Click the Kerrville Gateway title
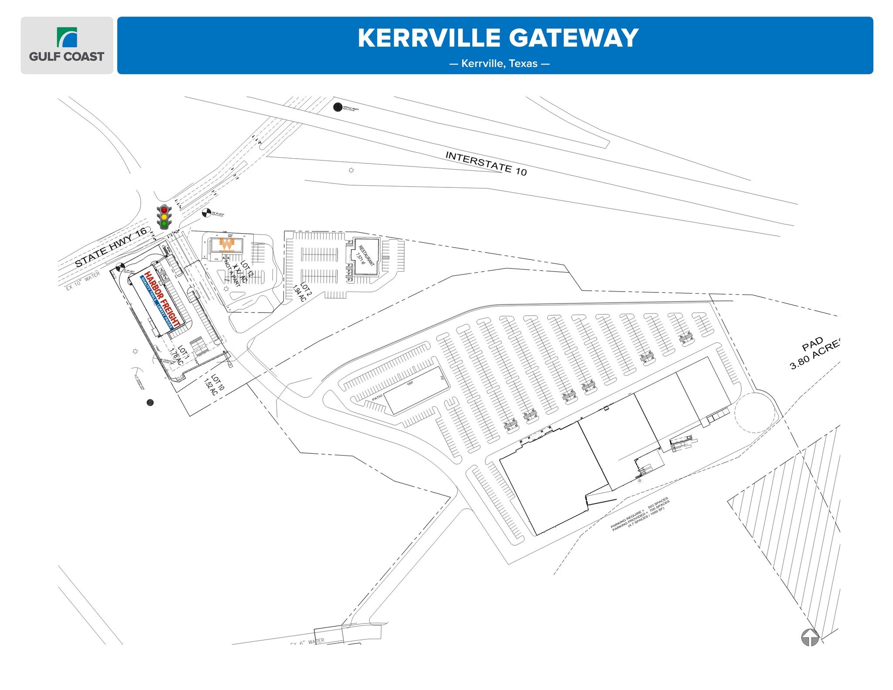pos(498,38)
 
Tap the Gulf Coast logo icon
pos(67,37)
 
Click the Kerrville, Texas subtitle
pos(499,64)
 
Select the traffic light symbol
pos(164,217)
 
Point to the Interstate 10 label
pos(486,163)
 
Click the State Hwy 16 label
pos(111,248)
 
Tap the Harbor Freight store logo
pos(161,300)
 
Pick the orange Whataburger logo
pos(227,245)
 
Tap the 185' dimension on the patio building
pos(410,384)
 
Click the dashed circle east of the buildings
pos(755,412)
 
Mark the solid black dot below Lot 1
pos(150,402)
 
